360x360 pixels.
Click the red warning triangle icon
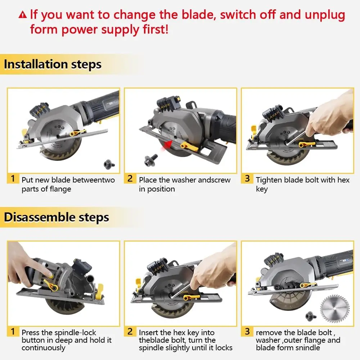(22, 15)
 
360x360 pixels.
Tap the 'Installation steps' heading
(53, 64)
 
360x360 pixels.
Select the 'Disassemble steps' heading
(57, 217)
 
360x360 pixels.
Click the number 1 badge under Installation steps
(13, 179)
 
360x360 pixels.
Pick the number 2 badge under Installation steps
(130, 179)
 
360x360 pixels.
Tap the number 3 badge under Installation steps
(247, 179)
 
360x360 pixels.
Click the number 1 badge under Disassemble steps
(13, 332)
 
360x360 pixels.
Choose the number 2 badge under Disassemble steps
(130, 332)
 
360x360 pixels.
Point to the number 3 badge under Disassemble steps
(247, 332)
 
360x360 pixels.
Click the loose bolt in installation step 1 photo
(109, 164)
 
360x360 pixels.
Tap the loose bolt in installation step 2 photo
(150, 160)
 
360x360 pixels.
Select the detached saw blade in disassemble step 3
(335, 309)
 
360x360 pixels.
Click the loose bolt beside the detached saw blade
(311, 316)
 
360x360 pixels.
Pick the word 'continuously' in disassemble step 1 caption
(44, 348)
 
